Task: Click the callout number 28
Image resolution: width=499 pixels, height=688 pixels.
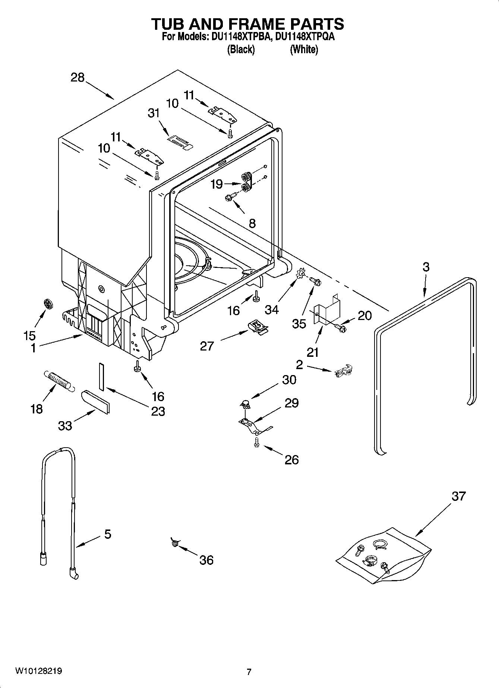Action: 78,77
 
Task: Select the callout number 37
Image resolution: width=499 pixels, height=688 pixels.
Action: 458,496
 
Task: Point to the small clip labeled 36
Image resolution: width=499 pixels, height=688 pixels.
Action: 174,543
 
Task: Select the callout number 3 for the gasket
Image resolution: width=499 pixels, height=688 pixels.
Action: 426,267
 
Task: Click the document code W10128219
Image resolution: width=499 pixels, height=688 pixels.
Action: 38,671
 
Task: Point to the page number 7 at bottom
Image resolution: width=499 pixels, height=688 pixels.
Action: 249,672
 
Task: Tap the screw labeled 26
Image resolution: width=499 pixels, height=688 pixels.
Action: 256,442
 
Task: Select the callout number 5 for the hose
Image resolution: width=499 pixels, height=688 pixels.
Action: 107,534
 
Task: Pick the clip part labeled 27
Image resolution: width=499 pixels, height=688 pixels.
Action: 258,327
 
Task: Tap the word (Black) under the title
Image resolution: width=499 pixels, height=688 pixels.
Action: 241,49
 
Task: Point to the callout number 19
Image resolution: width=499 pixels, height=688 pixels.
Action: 216,184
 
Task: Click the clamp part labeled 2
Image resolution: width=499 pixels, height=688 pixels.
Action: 344,371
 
